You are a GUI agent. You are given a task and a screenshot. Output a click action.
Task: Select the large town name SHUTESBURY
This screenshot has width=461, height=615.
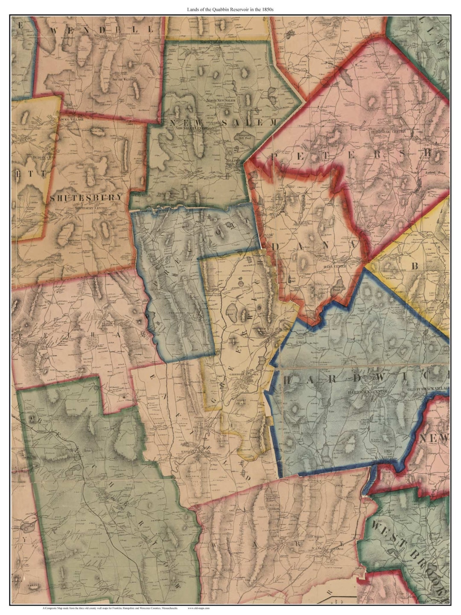[x=87, y=198]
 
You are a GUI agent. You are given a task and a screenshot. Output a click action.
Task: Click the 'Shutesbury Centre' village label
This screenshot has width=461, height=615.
[x=89, y=208]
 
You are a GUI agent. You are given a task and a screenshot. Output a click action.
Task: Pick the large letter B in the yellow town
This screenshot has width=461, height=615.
[x=413, y=266]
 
